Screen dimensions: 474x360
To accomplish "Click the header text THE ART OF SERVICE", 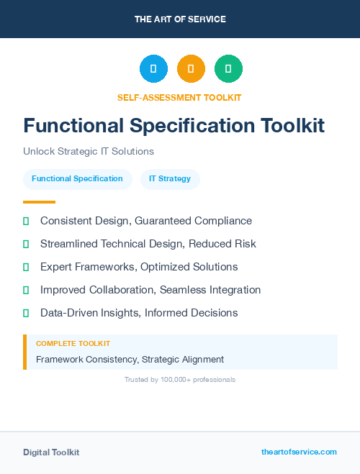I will click(x=180, y=19).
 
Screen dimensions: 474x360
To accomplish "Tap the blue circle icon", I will click(x=153, y=69).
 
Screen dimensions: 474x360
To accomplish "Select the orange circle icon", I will click(x=191, y=69).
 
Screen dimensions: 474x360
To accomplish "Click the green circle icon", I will click(x=229, y=69).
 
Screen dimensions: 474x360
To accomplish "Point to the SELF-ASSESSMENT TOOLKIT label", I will click(x=179, y=97).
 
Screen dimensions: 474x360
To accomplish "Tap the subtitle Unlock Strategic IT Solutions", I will click(x=89, y=152).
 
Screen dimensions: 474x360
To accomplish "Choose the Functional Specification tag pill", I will click(x=77, y=178).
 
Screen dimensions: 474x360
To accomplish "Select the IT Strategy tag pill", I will click(x=170, y=178).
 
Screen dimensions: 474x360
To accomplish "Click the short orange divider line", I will click(x=39, y=202).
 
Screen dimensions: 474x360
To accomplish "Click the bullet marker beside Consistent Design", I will click(x=26, y=221).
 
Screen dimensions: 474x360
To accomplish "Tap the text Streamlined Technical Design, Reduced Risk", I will click(x=148, y=244).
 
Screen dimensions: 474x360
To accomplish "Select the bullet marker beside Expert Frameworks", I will click(x=26, y=267).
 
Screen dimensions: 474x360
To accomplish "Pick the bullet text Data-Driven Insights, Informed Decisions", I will click(x=139, y=313).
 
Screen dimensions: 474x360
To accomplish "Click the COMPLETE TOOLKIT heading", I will click(x=73, y=344).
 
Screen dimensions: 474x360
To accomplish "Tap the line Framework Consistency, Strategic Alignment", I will click(x=130, y=359).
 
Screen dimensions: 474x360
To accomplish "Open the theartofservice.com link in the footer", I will click(x=299, y=452).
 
